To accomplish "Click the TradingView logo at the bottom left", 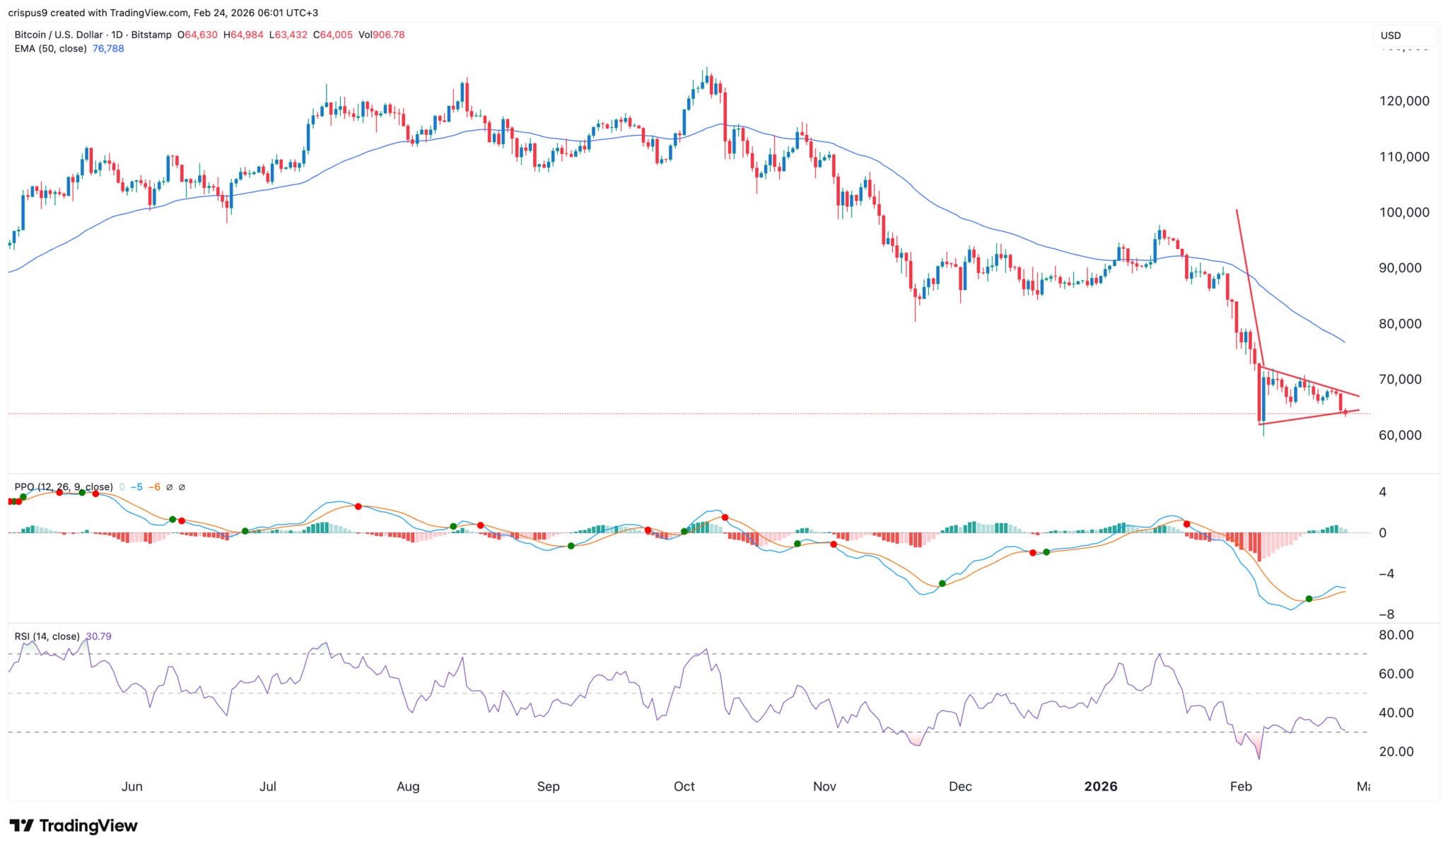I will coord(74,825).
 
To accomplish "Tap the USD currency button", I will coord(1391,35).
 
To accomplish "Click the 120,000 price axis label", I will coord(1403,101).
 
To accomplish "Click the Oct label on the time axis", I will coord(684,786).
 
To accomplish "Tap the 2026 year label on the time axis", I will coord(1101,786).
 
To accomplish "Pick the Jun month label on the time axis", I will coord(132,786).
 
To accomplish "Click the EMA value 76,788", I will coord(108,49).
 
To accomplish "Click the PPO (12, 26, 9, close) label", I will coord(64,487).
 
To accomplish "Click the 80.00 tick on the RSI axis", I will coord(1396,635).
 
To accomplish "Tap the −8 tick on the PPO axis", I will coord(1386,614).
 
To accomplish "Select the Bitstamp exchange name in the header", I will coord(153,35).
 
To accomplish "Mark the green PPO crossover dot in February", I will coord(1309,599).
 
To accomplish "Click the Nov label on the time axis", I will coord(824,786).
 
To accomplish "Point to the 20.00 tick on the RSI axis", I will coord(1396,752).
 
